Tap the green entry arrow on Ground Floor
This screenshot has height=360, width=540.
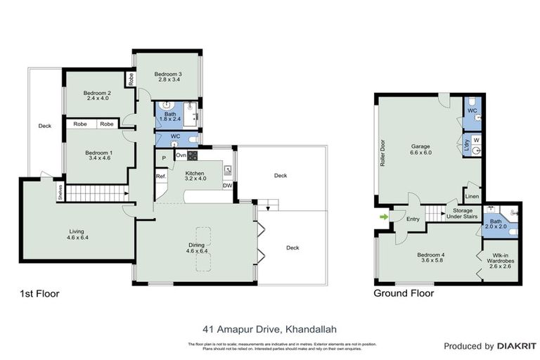(383, 217)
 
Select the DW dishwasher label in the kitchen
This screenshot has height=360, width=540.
(227, 186)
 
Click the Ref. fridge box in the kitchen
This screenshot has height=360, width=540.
(160, 176)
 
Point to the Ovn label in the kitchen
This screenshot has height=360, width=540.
(181, 155)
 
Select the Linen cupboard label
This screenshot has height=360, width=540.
(472, 196)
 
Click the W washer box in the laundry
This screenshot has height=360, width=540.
(476, 141)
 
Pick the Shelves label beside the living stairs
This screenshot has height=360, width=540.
(60, 192)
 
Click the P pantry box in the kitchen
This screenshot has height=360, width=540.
(162, 157)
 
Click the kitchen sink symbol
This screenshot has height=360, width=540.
(228, 169)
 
